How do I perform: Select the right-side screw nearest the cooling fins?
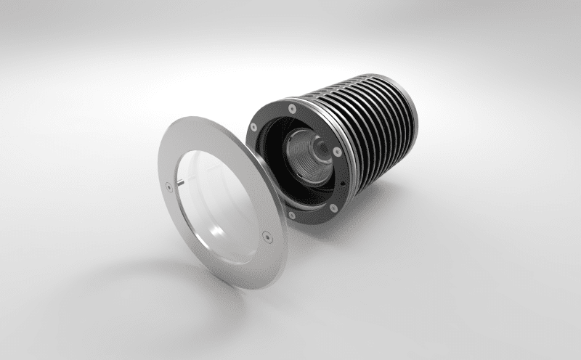pyautogui.click(x=338, y=152)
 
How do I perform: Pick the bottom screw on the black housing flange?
pyautogui.click(x=292, y=215)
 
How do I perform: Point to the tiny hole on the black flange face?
pyautogui.click(x=342, y=184)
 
